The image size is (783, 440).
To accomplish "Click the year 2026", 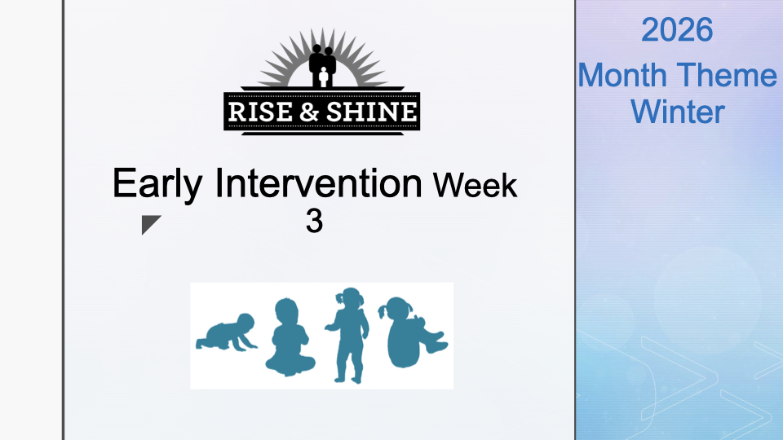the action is (x=677, y=30).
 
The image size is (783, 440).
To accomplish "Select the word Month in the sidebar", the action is (x=622, y=75).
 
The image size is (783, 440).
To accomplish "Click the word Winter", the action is (x=678, y=112).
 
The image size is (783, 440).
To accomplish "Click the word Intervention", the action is (x=319, y=183).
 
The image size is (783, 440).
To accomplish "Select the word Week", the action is (x=475, y=186).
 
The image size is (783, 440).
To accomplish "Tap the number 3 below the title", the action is (x=314, y=221).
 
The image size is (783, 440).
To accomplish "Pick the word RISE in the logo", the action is (x=260, y=112).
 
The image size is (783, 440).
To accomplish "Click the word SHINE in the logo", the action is (x=372, y=112).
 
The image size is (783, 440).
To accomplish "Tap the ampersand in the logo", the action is (x=310, y=112).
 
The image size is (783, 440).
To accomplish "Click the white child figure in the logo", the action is (x=324, y=77).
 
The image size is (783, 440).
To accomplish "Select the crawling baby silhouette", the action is (x=227, y=332).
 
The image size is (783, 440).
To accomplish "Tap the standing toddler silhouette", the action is (x=349, y=335).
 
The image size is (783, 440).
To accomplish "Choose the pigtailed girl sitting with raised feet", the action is (x=413, y=332).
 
